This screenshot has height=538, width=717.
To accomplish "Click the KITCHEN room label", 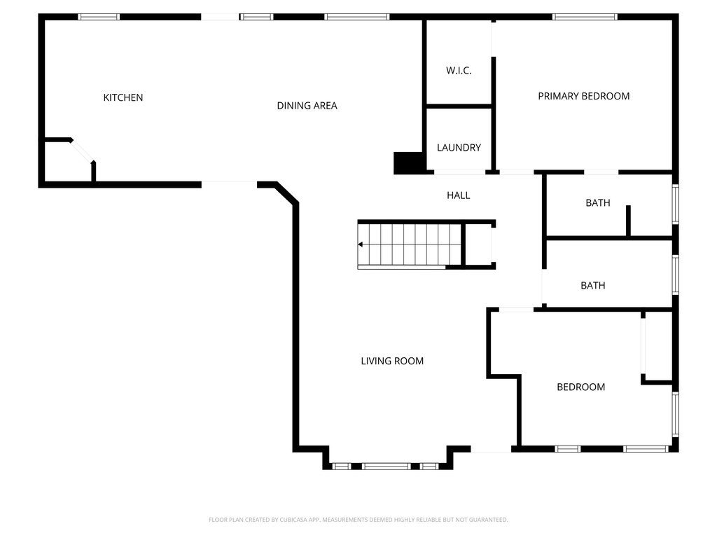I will [x=123, y=97].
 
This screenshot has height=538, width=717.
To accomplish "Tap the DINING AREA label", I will [x=307, y=106].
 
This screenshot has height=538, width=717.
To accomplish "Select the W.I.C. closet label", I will [x=459, y=71].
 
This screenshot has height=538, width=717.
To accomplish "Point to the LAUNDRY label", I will [x=459, y=148].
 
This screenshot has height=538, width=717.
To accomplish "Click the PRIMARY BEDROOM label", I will [x=583, y=96].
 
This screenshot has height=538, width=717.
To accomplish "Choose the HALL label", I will [x=459, y=195].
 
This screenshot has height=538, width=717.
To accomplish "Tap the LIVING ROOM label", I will [x=392, y=361].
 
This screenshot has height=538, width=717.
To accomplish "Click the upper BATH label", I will [x=597, y=203].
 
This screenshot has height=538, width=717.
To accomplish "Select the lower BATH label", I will [x=592, y=286].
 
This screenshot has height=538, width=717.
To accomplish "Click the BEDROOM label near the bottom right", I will [x=580, y=387].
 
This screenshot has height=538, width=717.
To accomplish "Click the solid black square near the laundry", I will [x=409, y=163].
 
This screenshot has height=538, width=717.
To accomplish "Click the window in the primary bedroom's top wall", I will [x=585, y=17].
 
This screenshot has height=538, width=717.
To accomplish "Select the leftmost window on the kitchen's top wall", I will [x=99, y=17].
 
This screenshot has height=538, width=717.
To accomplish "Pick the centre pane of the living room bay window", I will [x=387, y=466].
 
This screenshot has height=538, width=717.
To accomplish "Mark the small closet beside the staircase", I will [x=479, y=245].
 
